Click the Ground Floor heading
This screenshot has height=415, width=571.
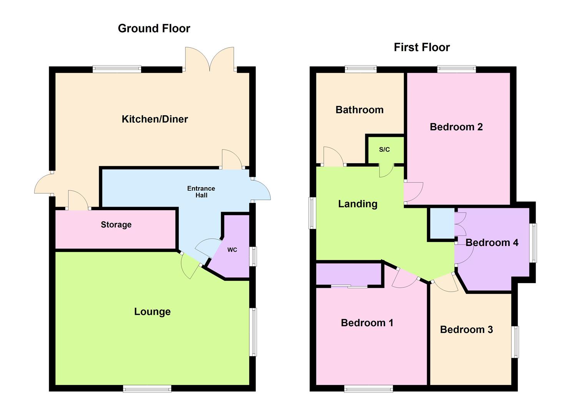click(x=154, y=28)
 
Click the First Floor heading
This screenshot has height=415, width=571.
click(x=422, y=47)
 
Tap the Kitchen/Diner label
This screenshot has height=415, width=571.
click(x=155, y=119)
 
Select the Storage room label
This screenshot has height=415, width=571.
click(x=116, y=225)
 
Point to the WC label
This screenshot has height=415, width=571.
click(x=232, y=250)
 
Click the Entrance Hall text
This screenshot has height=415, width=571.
click(x=201, y=192)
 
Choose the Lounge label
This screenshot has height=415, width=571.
click(x=152, y=312)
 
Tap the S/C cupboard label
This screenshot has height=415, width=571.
click(x=385, y=150)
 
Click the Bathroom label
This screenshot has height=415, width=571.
click(x=360, y=110)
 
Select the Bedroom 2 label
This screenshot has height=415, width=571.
click(x=456, y=127)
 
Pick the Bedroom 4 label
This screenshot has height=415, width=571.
click(x=492, y=243)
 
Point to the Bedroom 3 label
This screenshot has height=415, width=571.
click(x=466, y=330)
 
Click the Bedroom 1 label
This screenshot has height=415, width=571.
click(x=367, y=323)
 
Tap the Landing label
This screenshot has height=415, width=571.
click(x=358, y=204)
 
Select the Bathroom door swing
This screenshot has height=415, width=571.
click(x=333, y=157)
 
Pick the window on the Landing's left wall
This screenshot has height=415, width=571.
click(x=312, y=213)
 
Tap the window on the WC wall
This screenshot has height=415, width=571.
click(x=253, y=256)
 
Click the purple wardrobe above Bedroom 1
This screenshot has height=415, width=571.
click(x=348, y=274)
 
